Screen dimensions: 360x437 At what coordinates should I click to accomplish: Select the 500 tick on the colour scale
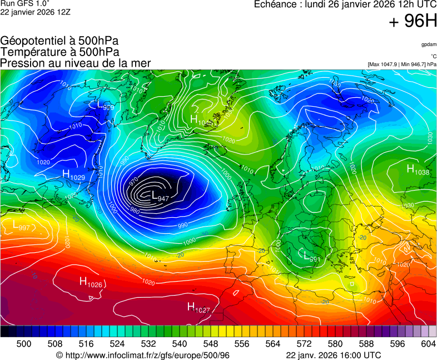tap(23, 344)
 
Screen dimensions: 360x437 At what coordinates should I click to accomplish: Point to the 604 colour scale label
tap(428, 344)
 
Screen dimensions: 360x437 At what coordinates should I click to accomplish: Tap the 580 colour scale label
tap(335, 344)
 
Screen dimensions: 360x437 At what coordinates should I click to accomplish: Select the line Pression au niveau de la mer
tap(76, 63)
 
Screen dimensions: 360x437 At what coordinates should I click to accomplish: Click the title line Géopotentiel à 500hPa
tap(59, 41)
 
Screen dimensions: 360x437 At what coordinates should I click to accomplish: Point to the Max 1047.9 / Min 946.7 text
tap(401, 64)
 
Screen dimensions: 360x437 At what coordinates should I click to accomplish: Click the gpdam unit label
tap(428, 44)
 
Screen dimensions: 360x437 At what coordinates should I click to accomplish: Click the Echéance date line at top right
tap(345, 4)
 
